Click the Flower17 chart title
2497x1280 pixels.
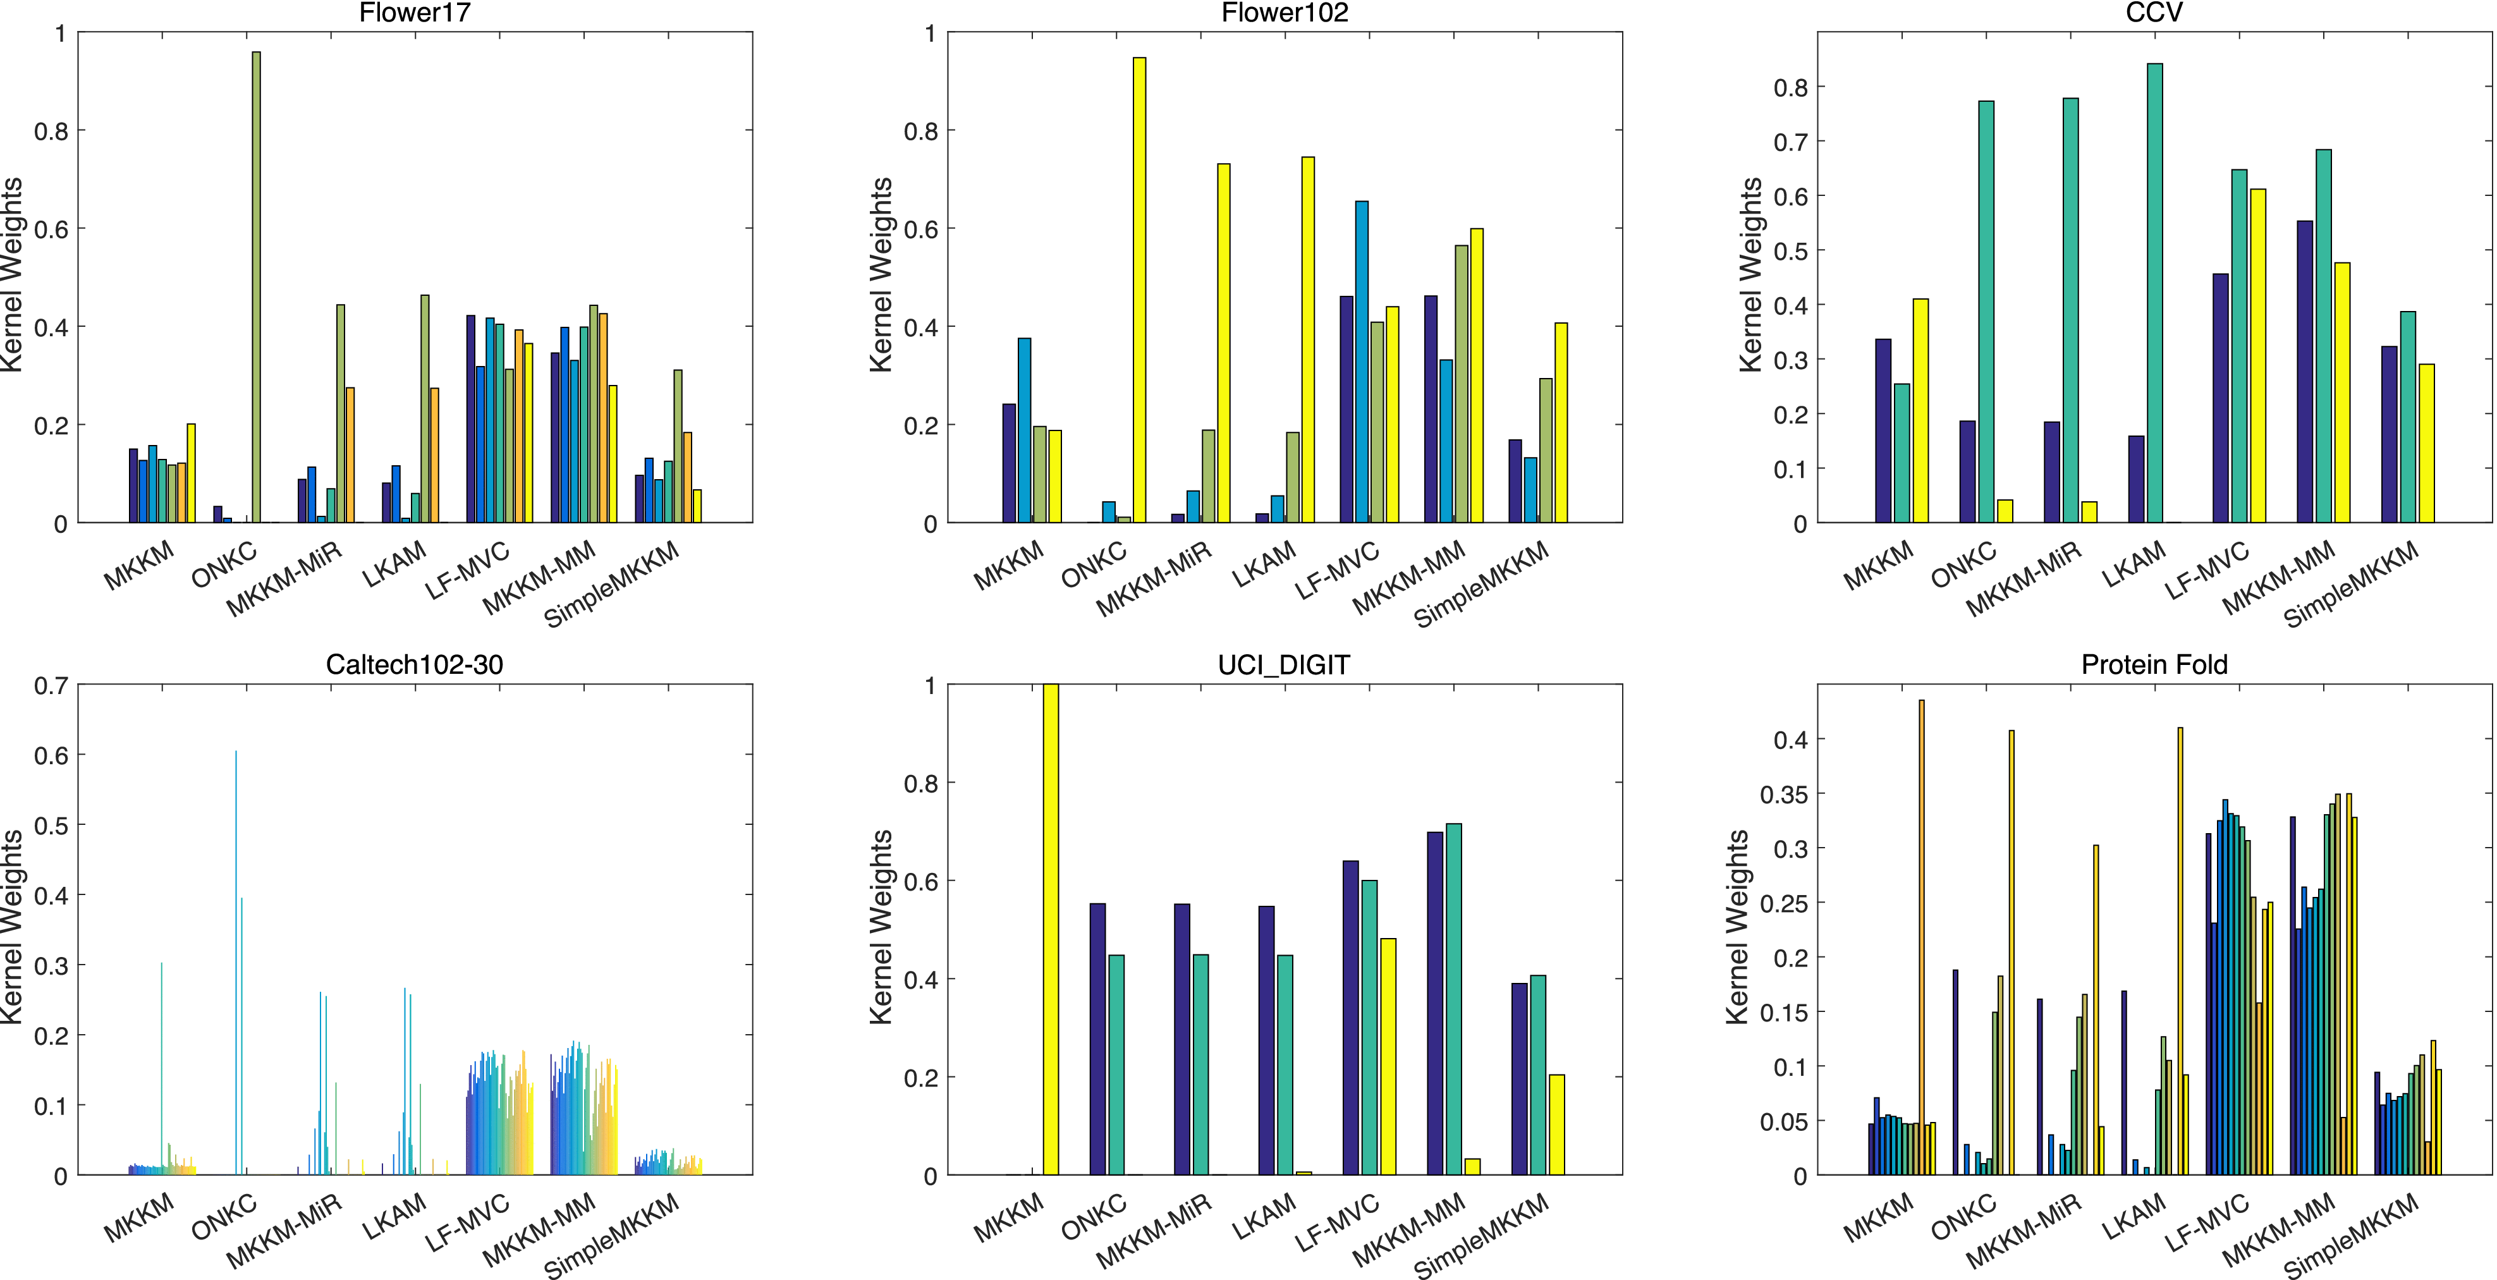414,13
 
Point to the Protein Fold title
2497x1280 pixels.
2154,665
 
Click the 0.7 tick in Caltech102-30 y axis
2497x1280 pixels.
51,686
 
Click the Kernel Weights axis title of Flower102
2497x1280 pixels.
880,275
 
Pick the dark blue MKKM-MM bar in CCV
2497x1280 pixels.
2305,372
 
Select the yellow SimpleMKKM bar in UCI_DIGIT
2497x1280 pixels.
1557,1124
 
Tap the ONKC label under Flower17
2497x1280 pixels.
224,565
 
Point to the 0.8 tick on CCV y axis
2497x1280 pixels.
1790,88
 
